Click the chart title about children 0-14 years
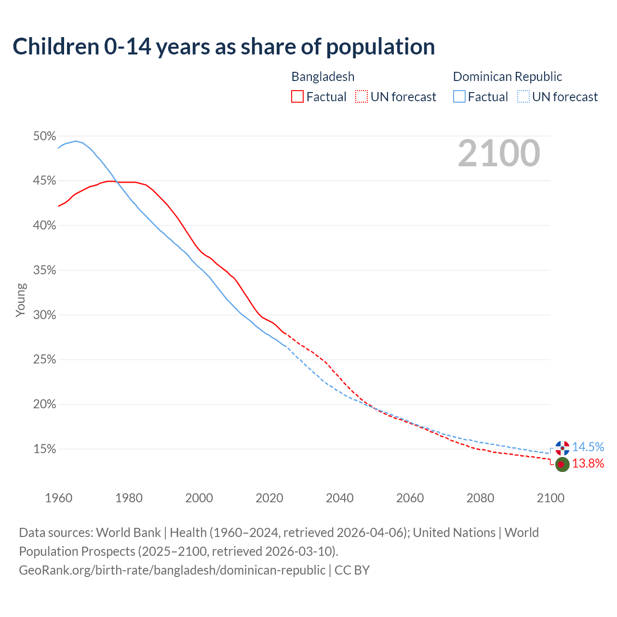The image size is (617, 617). point(224,47)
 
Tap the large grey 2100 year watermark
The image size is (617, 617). point(498,153)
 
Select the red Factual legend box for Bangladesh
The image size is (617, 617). point(297,97)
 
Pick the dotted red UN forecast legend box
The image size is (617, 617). point(362,97)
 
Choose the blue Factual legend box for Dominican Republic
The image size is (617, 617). point(459,97)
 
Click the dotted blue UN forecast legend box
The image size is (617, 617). point(523,97)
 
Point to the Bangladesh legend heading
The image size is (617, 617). point(323,77)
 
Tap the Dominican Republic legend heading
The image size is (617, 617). point(508,77)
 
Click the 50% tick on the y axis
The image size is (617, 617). point(44,136)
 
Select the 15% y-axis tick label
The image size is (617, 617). point(44,449)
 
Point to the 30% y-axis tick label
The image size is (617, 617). point(44,315)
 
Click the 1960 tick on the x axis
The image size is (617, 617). point(58,498)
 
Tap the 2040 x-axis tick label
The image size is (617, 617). point(339,498)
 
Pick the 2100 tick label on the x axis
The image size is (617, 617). point(550,498)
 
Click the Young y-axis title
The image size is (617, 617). point(21,300)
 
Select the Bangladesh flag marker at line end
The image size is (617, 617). point(562,464)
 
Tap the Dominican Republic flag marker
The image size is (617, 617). point(562,448)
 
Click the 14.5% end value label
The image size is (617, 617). point(588,447)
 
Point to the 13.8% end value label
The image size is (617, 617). point(588,464)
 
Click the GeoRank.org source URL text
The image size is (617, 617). point(172,570)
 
